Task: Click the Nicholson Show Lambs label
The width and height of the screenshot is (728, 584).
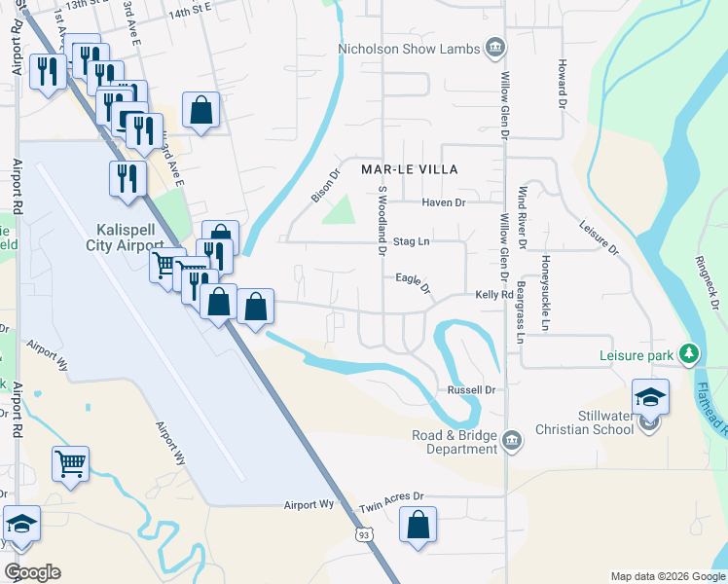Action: coord(409,50)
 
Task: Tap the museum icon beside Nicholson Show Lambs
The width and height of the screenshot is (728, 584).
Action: coord(495,47)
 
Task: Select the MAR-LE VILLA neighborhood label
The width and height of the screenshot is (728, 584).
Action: coord(409,168)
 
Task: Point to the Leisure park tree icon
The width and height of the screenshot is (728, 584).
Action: coord(690,354)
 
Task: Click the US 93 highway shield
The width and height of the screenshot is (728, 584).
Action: coord(362,534)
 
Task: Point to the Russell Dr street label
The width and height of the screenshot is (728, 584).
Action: coord(471,390)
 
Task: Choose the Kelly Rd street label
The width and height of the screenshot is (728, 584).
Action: coord(493,294)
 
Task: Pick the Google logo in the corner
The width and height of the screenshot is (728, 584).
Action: coord(32,572)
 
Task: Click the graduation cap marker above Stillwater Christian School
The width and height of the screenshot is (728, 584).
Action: coord(650,397)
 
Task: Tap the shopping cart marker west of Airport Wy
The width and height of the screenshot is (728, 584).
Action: coord(70,464)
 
